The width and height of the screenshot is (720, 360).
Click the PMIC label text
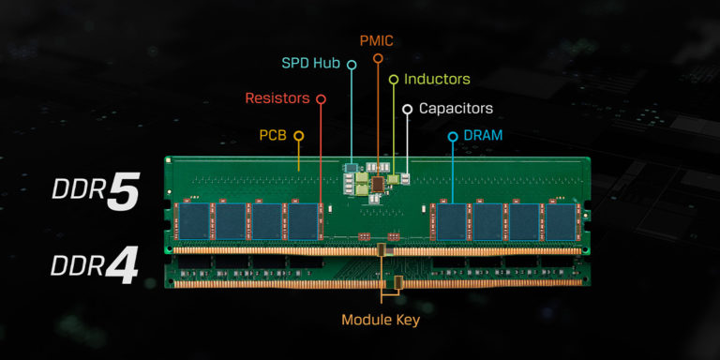(378, 40)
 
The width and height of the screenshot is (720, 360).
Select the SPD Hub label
(312, 64)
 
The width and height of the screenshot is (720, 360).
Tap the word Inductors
(437, 80)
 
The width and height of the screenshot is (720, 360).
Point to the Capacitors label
(456, 109)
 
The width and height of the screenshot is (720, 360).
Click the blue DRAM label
(484, 136)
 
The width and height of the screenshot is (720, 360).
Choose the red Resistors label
(278, 97)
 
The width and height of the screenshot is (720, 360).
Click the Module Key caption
(381, 320)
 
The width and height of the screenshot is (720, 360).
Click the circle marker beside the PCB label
(299, 136)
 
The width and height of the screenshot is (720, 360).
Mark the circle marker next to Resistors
(321, 98)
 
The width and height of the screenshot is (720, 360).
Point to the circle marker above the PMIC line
(378, 58)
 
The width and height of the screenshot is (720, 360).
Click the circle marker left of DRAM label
(453, 137)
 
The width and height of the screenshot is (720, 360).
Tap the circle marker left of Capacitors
(407, 110)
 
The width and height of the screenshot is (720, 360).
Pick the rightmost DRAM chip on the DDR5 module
(561, 220)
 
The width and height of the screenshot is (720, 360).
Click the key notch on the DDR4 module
(397, 282)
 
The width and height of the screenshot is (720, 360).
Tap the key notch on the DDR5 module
(381, 249)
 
